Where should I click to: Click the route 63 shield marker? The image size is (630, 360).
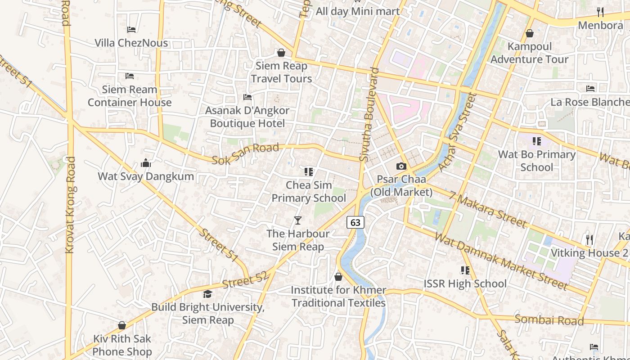pyautogui.click(x=355, y=222)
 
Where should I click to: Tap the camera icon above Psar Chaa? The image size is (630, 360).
pyautogui.click(x=401, y=166)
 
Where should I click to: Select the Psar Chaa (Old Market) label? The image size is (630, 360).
pyautogui.click(x=401, y=186)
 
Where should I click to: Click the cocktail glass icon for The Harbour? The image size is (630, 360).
pyautogui.click(x=297, y=220)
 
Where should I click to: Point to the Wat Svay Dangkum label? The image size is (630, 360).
pyautogui.click(x=146, y=176)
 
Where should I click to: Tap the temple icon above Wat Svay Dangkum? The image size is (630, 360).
pyautogui.click(x=146, y=163)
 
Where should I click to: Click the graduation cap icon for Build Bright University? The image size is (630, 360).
pyautogui.click(x=207, y=294)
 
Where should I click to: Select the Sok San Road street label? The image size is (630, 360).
pyautogui.click(x=245, y=154)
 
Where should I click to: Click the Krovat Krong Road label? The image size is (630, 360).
pyautogui.click(x=70, y=205)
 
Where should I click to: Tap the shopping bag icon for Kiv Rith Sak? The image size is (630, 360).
pyautogui.click(x=122, y=325)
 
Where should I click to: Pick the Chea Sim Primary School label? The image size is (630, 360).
pyautogui.click(x=309, y=192)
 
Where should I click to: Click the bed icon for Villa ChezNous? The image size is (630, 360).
pyautogui.click(x=131, y=30)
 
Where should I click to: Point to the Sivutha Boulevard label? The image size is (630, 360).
pyautogui.click(x=369, y=115)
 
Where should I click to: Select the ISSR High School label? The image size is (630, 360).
pyautogui.click(x=465, y=284)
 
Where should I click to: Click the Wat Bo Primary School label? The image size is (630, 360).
pyautogui.click(x=536, y=161)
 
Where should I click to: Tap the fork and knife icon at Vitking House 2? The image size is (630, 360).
pyautogui.click(x=589, y=239)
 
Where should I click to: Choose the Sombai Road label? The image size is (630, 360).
pyautogui.click(x=549, y=320)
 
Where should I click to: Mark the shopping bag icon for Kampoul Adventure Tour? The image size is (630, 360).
pyautogui.click(x=530, y=33)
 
